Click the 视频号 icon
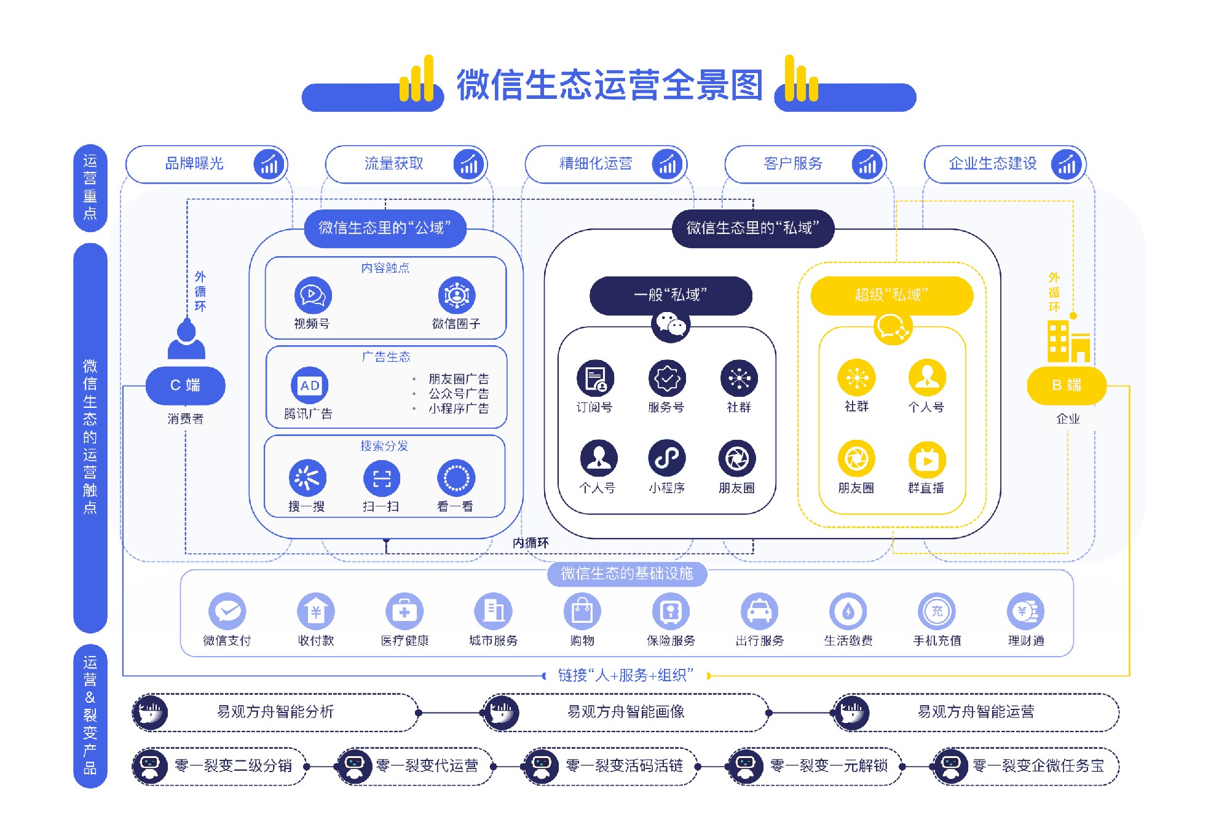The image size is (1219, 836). click(313, 295)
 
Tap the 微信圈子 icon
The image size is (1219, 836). click(456, 295)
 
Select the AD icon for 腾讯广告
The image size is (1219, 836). click(309, 386)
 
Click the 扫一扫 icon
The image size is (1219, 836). click(381, 479)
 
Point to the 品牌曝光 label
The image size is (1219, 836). click(194, 163)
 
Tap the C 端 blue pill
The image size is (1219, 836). click(185, 385)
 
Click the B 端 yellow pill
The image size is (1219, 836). click(1066, 385)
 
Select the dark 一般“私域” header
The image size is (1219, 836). click(670, 295)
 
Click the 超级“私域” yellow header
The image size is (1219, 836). click(891, 295)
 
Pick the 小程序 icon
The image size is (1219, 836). click(666, 458)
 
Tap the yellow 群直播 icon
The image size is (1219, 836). click(926, 459)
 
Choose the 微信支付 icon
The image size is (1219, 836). click(227, 611)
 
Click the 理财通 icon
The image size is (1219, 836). click(1025, 611)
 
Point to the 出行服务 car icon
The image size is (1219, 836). click(759, 611)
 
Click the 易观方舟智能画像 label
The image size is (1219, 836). click(626, 712)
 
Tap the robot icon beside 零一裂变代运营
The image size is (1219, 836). click(354, 766)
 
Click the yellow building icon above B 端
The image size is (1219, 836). click(1068, 342)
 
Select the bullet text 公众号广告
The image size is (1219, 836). click(459, 394)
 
